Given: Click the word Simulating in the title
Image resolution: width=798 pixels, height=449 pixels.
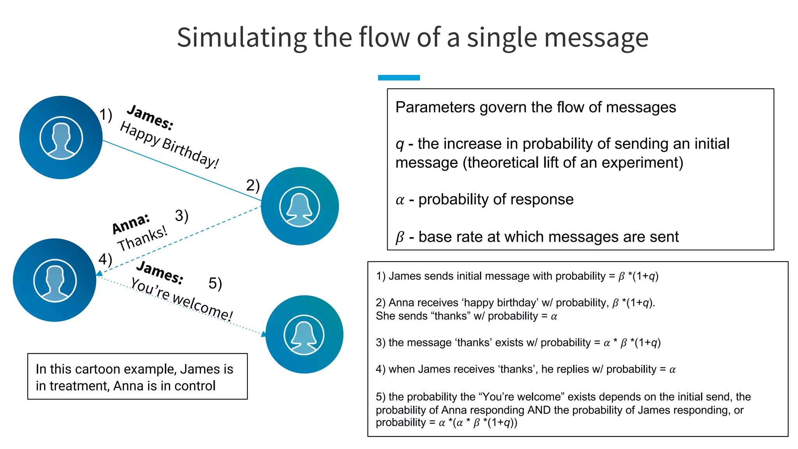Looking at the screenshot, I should [x=242, y=38].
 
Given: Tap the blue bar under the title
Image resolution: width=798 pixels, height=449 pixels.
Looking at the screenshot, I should [x=399, y=78].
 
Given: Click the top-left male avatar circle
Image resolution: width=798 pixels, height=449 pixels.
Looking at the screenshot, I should [x=61, y=138].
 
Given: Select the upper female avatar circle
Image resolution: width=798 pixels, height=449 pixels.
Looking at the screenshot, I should [x=300, y=206].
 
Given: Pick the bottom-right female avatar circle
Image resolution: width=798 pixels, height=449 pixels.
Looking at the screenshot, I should [x=304, y=334].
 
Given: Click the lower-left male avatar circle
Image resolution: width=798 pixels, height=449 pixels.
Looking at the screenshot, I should [x=55, y=280].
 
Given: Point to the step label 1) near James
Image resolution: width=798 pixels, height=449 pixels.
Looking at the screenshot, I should [x=106, y=115].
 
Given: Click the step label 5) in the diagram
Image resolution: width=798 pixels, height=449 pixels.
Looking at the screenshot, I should [x=215, y=283].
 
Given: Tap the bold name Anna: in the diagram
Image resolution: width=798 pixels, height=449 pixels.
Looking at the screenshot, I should [x=131, y=223].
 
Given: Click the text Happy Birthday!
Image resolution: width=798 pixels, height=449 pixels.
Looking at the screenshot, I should [x=169, y=145].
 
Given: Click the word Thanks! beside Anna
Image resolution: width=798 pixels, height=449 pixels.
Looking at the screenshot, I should [x=142, y=239].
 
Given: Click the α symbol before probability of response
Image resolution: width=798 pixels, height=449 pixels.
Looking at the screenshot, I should [x=400, y=200].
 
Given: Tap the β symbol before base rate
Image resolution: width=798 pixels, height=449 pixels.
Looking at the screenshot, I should [x=400, y=237].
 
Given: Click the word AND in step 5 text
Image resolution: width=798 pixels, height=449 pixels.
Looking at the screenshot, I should [x=539, y=410].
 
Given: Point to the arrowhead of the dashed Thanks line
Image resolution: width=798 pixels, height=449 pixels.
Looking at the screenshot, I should [x=99, y=274].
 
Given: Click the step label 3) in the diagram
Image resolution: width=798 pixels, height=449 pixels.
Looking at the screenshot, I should [x=182, y=216].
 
